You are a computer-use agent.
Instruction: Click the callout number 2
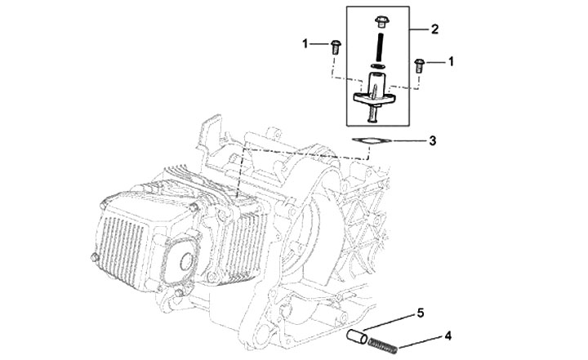[434, 29]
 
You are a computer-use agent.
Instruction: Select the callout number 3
[432, 141]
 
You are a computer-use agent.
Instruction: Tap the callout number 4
[448, 336]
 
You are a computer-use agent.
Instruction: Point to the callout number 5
[421, 313]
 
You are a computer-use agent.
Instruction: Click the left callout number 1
[305, 44]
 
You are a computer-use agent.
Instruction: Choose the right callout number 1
[451, 61]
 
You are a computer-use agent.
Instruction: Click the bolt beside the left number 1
[336, 47]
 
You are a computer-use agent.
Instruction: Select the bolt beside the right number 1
[419, 65]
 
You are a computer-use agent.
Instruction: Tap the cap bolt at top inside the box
[381, 21]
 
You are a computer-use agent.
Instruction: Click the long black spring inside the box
[380, 47]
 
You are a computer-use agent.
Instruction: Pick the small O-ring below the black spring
[378, 66]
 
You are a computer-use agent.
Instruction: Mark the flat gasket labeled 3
[372, 141]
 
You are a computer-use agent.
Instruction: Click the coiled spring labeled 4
[382, 345]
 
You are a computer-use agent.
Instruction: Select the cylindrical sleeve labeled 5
[357, 336]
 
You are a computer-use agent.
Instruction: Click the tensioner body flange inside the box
[374, 98]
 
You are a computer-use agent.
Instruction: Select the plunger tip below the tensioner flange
[373, 114]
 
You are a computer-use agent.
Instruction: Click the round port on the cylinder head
[186, 262]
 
